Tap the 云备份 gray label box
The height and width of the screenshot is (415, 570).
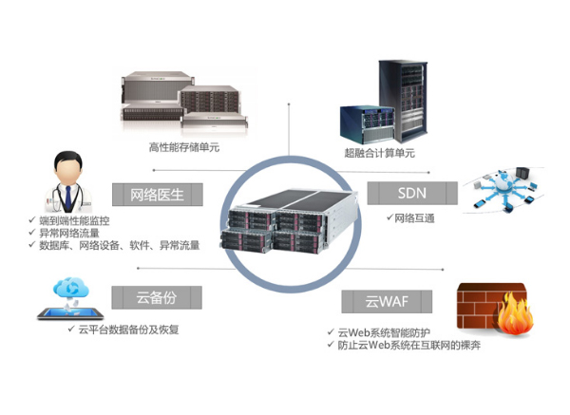[152, 294]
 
